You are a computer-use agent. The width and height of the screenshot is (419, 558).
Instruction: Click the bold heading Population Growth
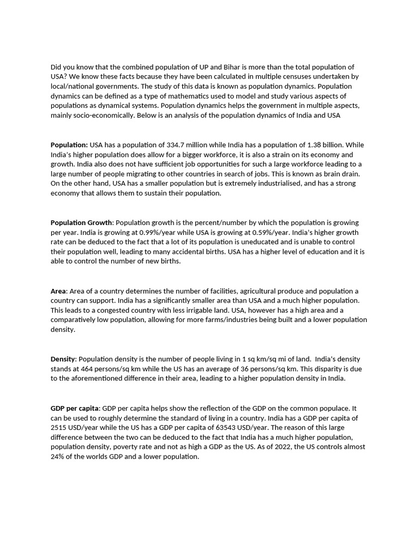[81, 222]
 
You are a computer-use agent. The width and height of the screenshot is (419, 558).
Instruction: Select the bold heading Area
[58, 291]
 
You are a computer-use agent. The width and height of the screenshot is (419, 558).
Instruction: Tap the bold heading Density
[63, 359]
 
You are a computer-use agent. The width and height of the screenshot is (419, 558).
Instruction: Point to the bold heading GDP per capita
[75, 408]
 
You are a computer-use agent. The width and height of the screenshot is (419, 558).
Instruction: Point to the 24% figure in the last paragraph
[58, 457]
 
